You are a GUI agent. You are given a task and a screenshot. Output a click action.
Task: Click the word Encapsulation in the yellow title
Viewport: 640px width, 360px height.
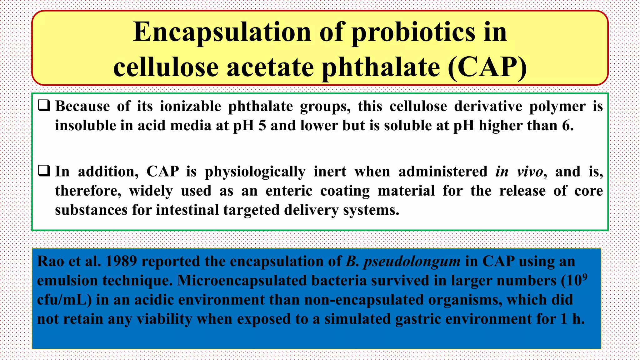pyautogui.click(x=222, y=32)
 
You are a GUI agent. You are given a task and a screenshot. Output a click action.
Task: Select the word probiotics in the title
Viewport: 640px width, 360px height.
pyautogui.click(x=413, y=32)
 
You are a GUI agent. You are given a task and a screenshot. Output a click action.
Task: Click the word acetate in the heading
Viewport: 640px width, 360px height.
pyautogui.click(x=270, y=67)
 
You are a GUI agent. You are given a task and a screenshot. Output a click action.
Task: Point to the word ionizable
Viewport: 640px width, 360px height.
pyautogui.click(x=190, y=106)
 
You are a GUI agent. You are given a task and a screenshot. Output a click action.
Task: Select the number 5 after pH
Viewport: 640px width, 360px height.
pyautogui.click(x=262, y=126)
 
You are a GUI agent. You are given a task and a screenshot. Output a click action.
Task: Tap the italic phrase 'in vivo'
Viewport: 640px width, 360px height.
pyautogui.click(x=519, y=172)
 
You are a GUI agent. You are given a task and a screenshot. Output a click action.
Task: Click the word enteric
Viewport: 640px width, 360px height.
pyautogui.click(x=289, y=191)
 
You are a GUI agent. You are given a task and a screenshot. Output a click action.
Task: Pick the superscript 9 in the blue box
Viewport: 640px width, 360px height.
pyautogui.click(x=585, y=277)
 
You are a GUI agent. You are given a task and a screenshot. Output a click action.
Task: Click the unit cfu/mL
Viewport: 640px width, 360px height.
pyautogui.click(x=64, y=300)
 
